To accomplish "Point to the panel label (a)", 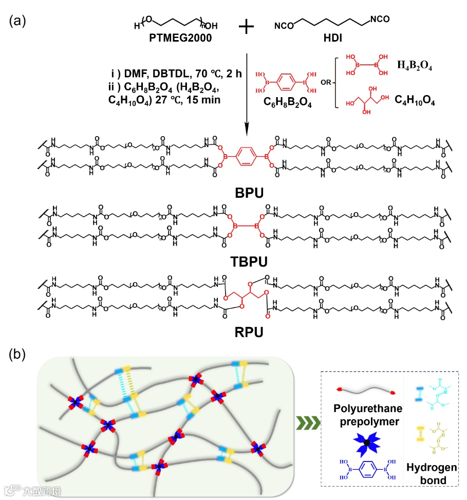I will pyautogui.click(x=20, y=21).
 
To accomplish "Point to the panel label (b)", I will pyautogui.click(x=20, y=355).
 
